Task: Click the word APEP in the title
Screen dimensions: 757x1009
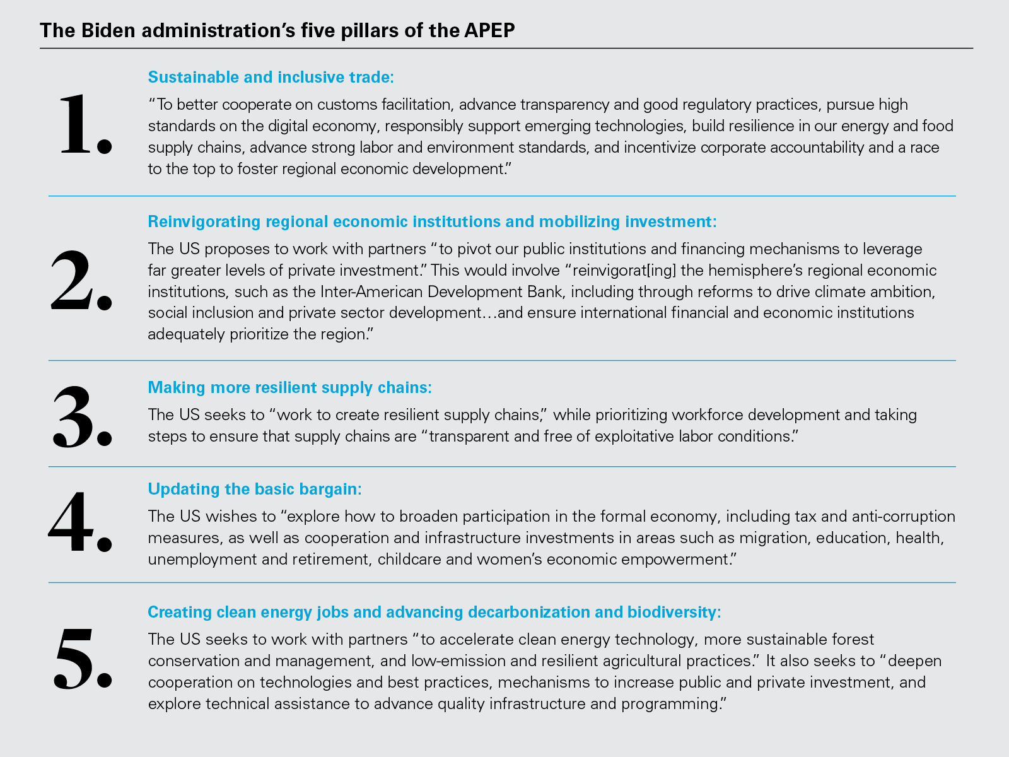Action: coord(489,30)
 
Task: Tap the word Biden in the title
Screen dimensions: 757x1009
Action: coord(108,30)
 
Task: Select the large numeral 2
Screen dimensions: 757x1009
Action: coord(81,281)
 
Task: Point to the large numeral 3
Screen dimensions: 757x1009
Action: coord(81,416)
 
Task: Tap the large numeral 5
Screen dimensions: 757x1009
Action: coord(83,657)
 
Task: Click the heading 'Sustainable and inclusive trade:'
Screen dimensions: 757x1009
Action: coord(271,77)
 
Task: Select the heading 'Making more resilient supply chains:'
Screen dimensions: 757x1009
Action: coord(289,387)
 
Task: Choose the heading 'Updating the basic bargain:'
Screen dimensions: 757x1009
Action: coord(255,489)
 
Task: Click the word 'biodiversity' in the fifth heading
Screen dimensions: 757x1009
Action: coord(674,612)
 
